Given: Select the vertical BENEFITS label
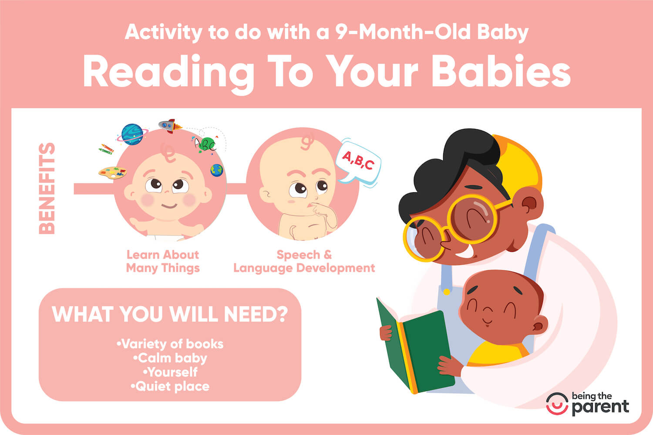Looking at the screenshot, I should pos(47,188).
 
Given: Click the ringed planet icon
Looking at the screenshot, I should pos(132,134).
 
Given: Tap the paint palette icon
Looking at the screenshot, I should pos(112,172).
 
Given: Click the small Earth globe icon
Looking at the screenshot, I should pos(216,170).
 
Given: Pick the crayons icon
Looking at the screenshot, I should pos(106,149).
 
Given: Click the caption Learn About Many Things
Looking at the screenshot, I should pos(163,261).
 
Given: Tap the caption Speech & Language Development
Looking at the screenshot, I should pos(304,261).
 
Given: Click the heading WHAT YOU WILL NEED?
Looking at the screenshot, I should pos(170,314).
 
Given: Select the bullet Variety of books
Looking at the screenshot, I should pos(170,344).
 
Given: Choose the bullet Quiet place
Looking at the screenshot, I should pos(170,386).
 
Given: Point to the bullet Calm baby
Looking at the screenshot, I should pos(170,358).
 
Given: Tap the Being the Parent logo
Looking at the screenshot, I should pos(588,403).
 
